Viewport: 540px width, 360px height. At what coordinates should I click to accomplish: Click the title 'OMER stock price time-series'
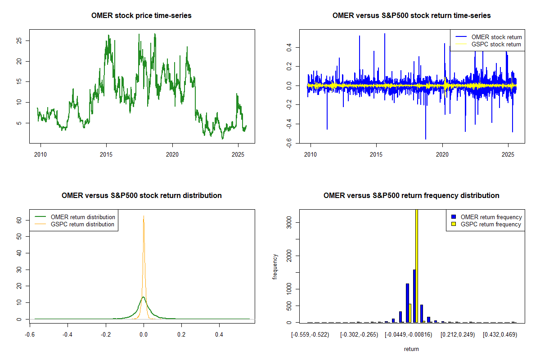[x=141, y=16]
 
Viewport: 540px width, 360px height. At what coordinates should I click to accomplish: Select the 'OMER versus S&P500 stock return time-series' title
[x=411, y=16]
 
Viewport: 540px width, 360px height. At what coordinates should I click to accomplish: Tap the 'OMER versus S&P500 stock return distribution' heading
[x=141, y=196]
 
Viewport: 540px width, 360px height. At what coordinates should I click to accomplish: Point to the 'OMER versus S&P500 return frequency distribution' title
[x=411, y=196]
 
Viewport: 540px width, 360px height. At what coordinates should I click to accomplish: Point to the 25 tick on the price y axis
[x=19, y=40]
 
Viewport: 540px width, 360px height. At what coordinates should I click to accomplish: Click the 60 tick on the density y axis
[x=19, y=220]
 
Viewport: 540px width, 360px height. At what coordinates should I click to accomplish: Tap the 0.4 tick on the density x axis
[x=219, y=335]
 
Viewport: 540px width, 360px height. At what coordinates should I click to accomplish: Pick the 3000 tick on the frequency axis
[x=289, y=222]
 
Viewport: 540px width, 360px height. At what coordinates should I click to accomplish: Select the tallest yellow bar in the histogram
[x=417, y=265]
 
